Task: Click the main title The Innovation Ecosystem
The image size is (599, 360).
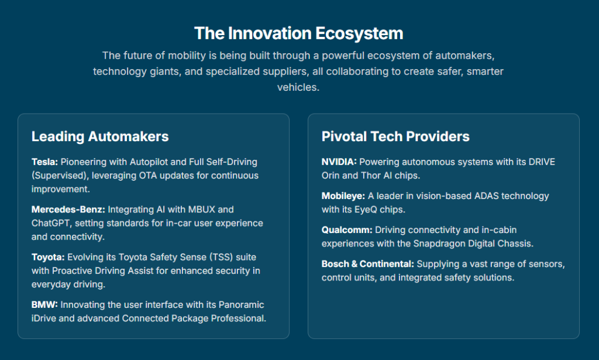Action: coord(298,33)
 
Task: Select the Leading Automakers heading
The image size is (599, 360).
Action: coord(99,136)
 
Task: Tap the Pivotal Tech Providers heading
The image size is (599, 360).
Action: coord(395,136)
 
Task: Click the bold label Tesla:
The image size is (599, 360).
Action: coord(44,162)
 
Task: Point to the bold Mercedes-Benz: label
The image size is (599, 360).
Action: coord(68,210)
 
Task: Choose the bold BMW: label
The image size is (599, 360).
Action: coord(44,304)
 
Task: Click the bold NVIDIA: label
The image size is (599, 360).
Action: coord(339,162)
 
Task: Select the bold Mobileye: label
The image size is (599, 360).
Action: coord(343,196)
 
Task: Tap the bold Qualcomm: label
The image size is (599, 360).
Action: coord(347,230)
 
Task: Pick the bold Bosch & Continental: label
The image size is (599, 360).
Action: coord(367,264)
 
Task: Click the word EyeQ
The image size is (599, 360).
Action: coord(366,210)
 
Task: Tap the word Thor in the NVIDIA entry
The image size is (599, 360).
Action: coord(371,176)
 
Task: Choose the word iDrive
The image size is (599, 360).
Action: coord(43,318)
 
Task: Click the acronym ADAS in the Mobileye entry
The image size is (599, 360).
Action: coord(486,196)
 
